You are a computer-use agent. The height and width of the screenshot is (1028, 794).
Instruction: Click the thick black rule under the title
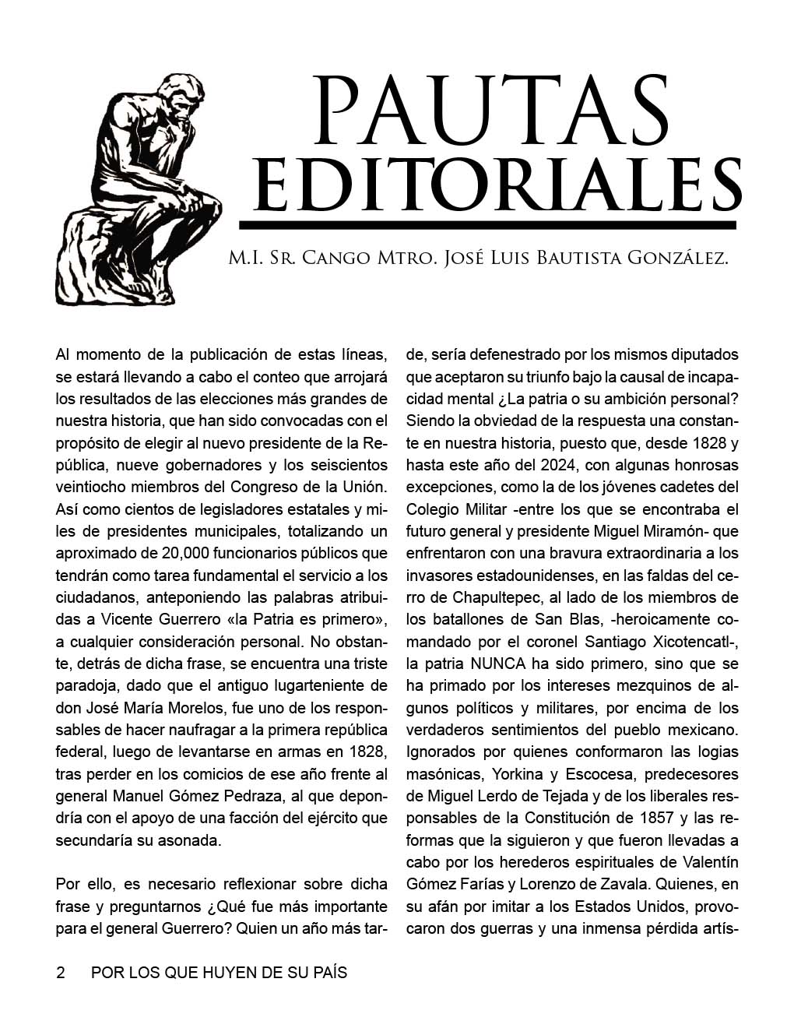point(487,225)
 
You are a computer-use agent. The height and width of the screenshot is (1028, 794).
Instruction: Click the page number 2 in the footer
point(61,973)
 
